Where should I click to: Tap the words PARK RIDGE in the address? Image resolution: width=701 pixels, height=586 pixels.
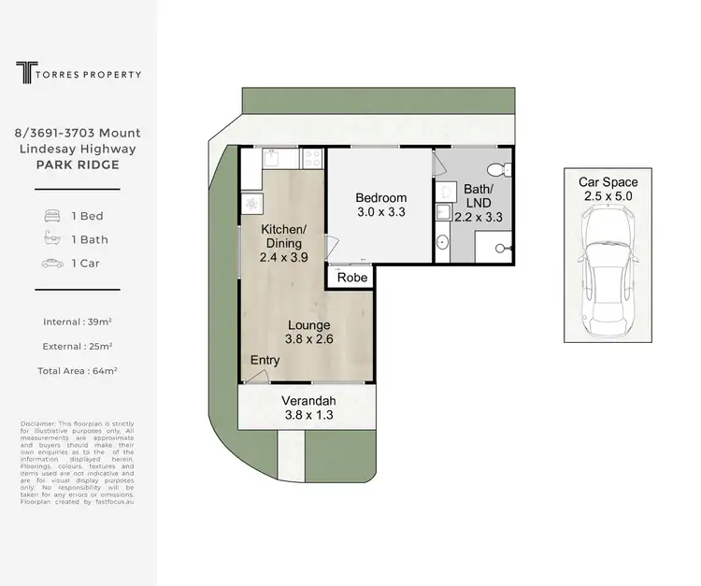[77, 164]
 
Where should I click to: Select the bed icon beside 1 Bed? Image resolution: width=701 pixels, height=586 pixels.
[52, 216]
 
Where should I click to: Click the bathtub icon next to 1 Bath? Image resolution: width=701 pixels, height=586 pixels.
[52, 239]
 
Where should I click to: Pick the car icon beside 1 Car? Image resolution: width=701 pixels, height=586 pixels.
[52, 264]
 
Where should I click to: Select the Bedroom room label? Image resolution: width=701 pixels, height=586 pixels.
[380, 198]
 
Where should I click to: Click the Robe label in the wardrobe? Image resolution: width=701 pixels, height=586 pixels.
[352, 278]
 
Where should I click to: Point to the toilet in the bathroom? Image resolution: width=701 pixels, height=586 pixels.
[502, 168]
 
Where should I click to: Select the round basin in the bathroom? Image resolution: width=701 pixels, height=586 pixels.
[442, 243]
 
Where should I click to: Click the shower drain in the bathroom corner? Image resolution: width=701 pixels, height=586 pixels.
[501, 249]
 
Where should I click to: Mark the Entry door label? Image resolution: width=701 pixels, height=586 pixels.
[264, 361]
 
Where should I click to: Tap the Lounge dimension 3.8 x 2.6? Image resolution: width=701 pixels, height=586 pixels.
[308, 339]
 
